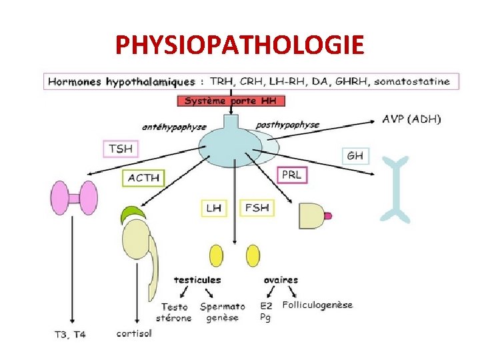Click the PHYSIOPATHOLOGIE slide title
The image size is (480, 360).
[240, 45]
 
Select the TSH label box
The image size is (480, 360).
[121, 149]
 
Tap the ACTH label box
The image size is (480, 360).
[144, 178]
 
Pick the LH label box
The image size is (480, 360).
[214, 208]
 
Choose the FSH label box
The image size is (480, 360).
[257, 208]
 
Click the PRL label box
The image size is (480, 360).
[292, 175]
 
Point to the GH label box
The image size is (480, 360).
[355, 156]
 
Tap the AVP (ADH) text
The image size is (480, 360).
[411, 119]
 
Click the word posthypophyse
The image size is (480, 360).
[287, 125]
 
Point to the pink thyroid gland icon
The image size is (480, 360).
[74, 198]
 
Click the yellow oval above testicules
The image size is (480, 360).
[216, 256]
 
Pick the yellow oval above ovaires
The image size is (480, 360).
[253, 256]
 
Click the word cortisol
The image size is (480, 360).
[134, 333]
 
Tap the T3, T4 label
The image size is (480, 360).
[69, 334]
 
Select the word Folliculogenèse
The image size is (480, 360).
[317, 305]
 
